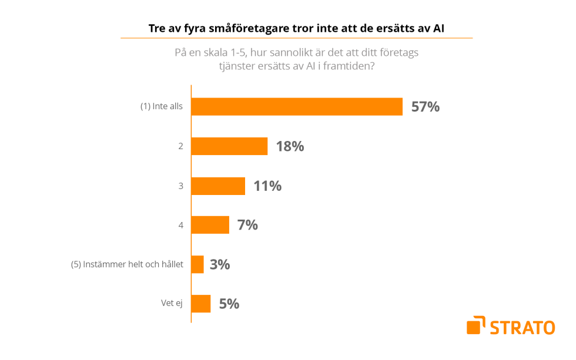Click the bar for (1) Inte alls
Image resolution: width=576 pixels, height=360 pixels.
click(x=297, y=106)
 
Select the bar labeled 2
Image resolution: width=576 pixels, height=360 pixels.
click(x=229, y=146)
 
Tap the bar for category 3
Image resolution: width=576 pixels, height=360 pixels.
click(x=218, y=186)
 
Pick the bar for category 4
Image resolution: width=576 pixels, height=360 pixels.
click(x=210, y=225)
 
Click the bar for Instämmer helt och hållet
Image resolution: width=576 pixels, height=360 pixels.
click(x=197, y=264)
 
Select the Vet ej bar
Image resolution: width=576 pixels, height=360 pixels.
click(x=201, y=304)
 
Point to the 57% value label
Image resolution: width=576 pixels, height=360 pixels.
click(x=425, y=107)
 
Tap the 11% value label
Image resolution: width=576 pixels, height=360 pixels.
click(x=267, y=186)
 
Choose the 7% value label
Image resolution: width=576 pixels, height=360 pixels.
click(x=247, y=225)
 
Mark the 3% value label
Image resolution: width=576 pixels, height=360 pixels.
click(x=219, y=264)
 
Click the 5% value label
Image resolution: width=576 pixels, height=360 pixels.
click(x=229, y=304)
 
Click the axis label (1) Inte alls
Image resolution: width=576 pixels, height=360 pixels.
click(x=162, y=107)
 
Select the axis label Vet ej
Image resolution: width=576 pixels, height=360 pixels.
click(x=172, y=304)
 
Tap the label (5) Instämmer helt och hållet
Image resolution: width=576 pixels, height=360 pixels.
click(x=127, y=264)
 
